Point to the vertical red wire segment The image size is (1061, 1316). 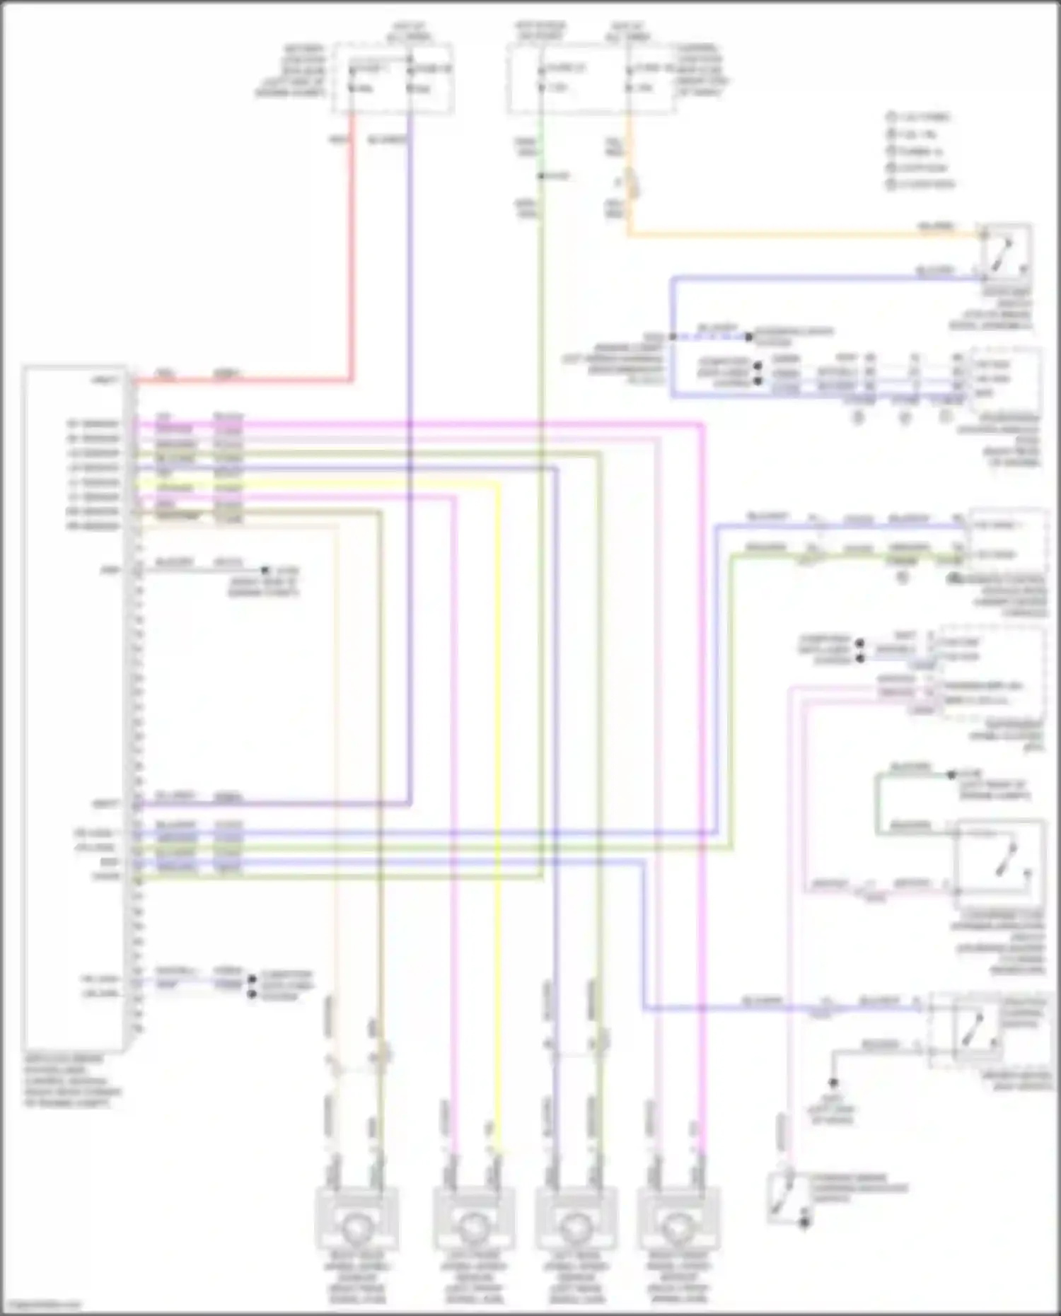point(352,248)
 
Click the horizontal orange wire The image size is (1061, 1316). point(799,233)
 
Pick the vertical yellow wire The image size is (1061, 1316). point(499,813)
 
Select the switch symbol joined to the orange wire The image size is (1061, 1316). point(1004,251)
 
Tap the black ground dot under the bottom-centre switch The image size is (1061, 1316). point(804,1223)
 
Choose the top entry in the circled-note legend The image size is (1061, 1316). point(920,117)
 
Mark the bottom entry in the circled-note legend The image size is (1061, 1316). point(920,185)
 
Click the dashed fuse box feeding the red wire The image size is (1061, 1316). point(393,78)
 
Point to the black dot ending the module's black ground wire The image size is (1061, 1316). point(265,570)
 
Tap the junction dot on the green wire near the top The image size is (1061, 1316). point(540,175)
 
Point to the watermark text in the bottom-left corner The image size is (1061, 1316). point(41,1305)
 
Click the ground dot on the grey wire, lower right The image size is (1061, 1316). point(833,1083)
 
